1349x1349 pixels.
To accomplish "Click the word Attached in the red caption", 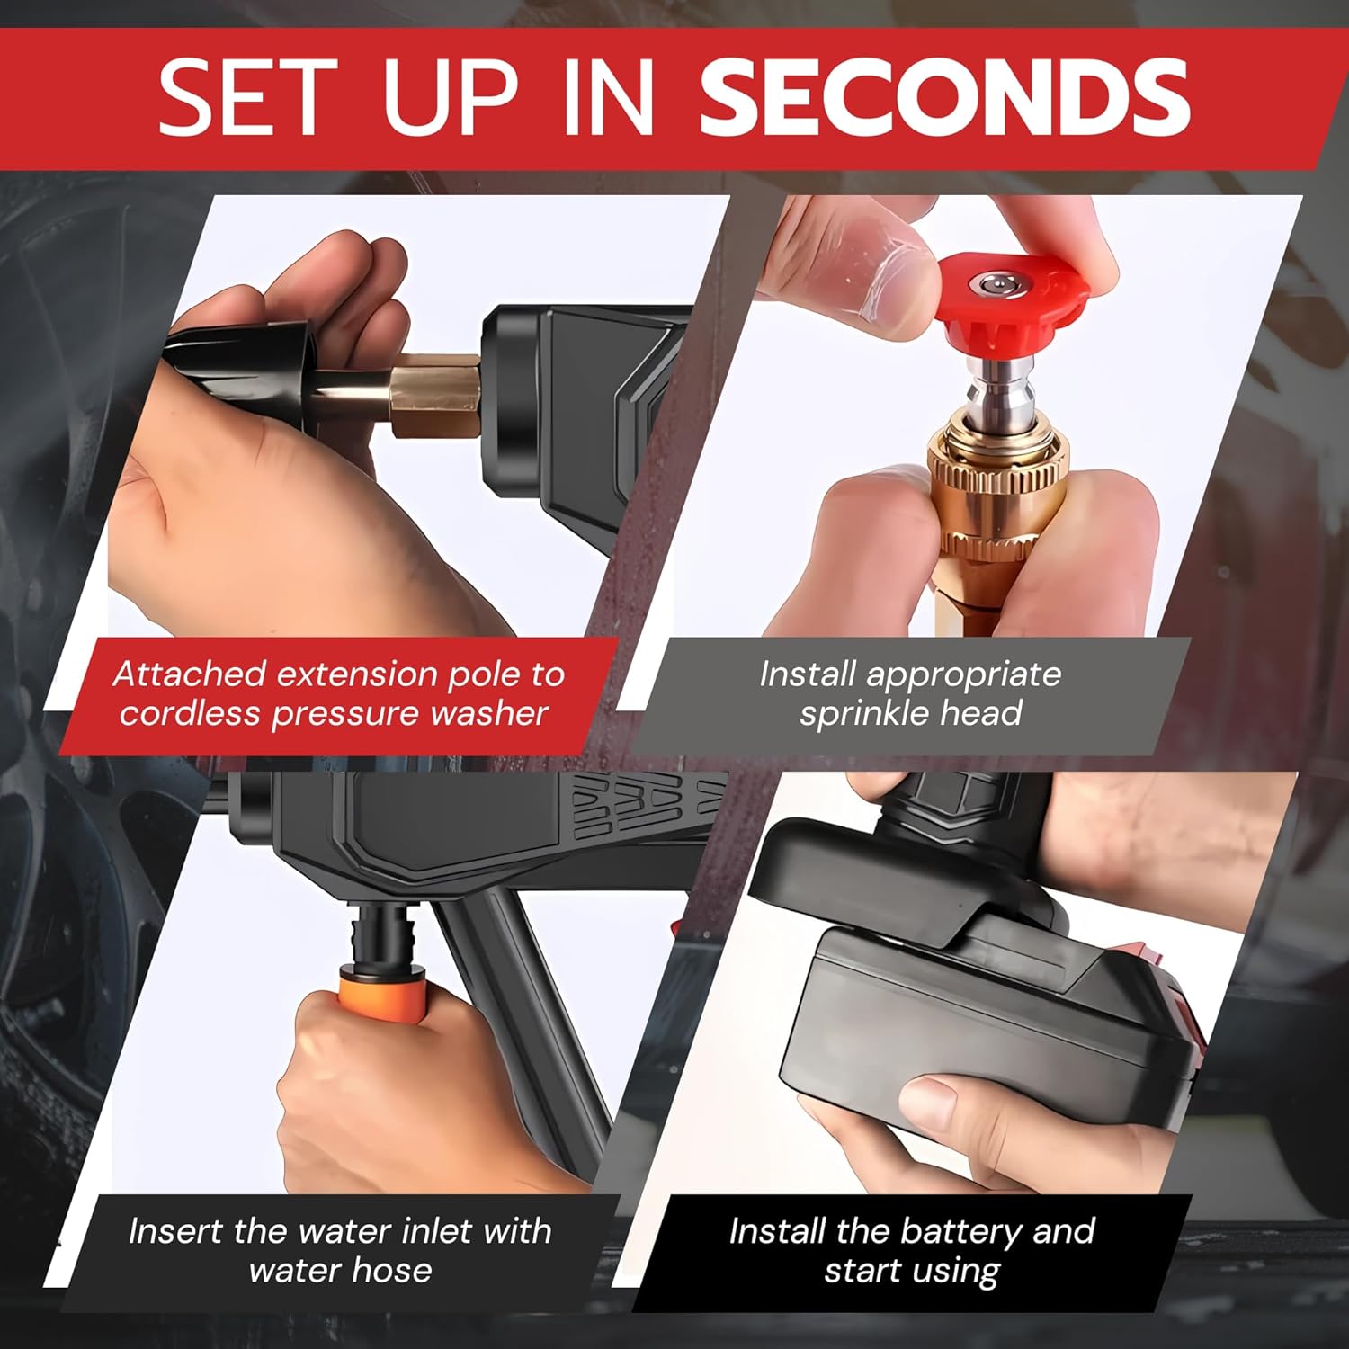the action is pos(190,674).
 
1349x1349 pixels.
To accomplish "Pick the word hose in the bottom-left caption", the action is pos(391,1270).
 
